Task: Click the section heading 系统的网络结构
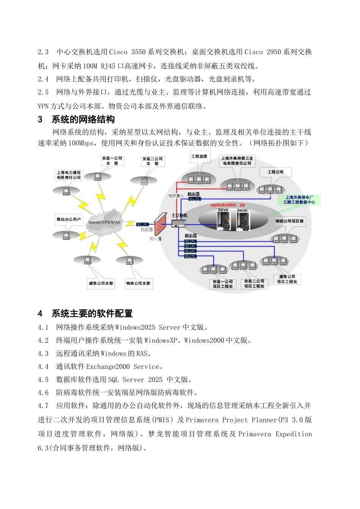[83, 120]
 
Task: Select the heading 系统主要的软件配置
[92, 314]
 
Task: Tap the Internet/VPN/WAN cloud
[104, 222]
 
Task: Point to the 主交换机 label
[179, 215]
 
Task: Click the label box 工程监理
[199, 156]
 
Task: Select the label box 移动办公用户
[69, 219]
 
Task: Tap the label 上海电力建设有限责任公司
[69, 175]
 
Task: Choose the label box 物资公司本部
[138, 283]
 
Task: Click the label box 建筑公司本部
[101, 283]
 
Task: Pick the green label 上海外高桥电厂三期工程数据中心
[299, 200]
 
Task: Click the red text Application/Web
[223, 205]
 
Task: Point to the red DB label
[242, 206]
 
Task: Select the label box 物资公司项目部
[290, 221]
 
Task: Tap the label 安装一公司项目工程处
[223, 284]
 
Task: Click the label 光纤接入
[176, 196]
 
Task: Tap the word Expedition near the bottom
[294, 434]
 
